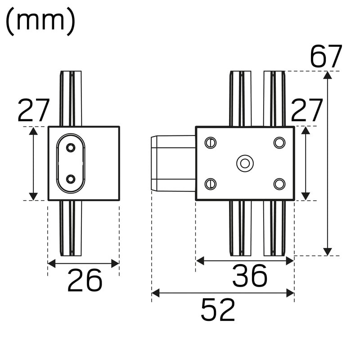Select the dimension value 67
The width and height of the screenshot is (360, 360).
point(326,56)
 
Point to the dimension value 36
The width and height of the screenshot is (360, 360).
point(250,276)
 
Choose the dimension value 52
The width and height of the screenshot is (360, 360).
point(218,310)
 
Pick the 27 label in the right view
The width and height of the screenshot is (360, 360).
point(307,111)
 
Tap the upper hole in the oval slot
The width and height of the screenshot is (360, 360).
point(70,148)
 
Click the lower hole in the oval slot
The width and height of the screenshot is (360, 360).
point(70,179)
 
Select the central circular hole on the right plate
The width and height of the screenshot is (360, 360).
point(245,163)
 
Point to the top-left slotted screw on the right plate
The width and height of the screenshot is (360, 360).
point(210,143)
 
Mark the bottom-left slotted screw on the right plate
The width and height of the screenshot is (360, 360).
point(210,184)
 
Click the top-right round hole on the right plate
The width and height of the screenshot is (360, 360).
point(279,143)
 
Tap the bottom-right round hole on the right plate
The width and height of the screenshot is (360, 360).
point(279,184)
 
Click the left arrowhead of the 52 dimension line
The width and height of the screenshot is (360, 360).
point(155,293)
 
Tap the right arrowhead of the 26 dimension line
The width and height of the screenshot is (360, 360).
point(116,263)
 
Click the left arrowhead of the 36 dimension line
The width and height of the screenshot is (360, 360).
point(200,261)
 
